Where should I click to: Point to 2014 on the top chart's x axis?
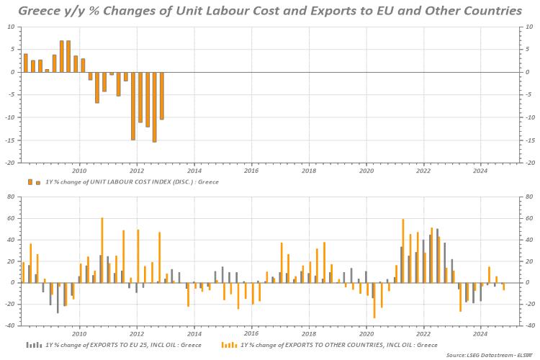pyautogui.click(x=194, y=171)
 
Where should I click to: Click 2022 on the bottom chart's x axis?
pyautogui.click(x=423, y=333)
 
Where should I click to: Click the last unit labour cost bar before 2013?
pyautogui.click(x=162, y=95)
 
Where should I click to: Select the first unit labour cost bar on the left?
pyautogui.click(x=25, y=63)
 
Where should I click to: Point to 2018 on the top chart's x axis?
pyautogui.click(x=308, y=171)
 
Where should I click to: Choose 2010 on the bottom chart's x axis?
pyautogui.click(x=79, y=333)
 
